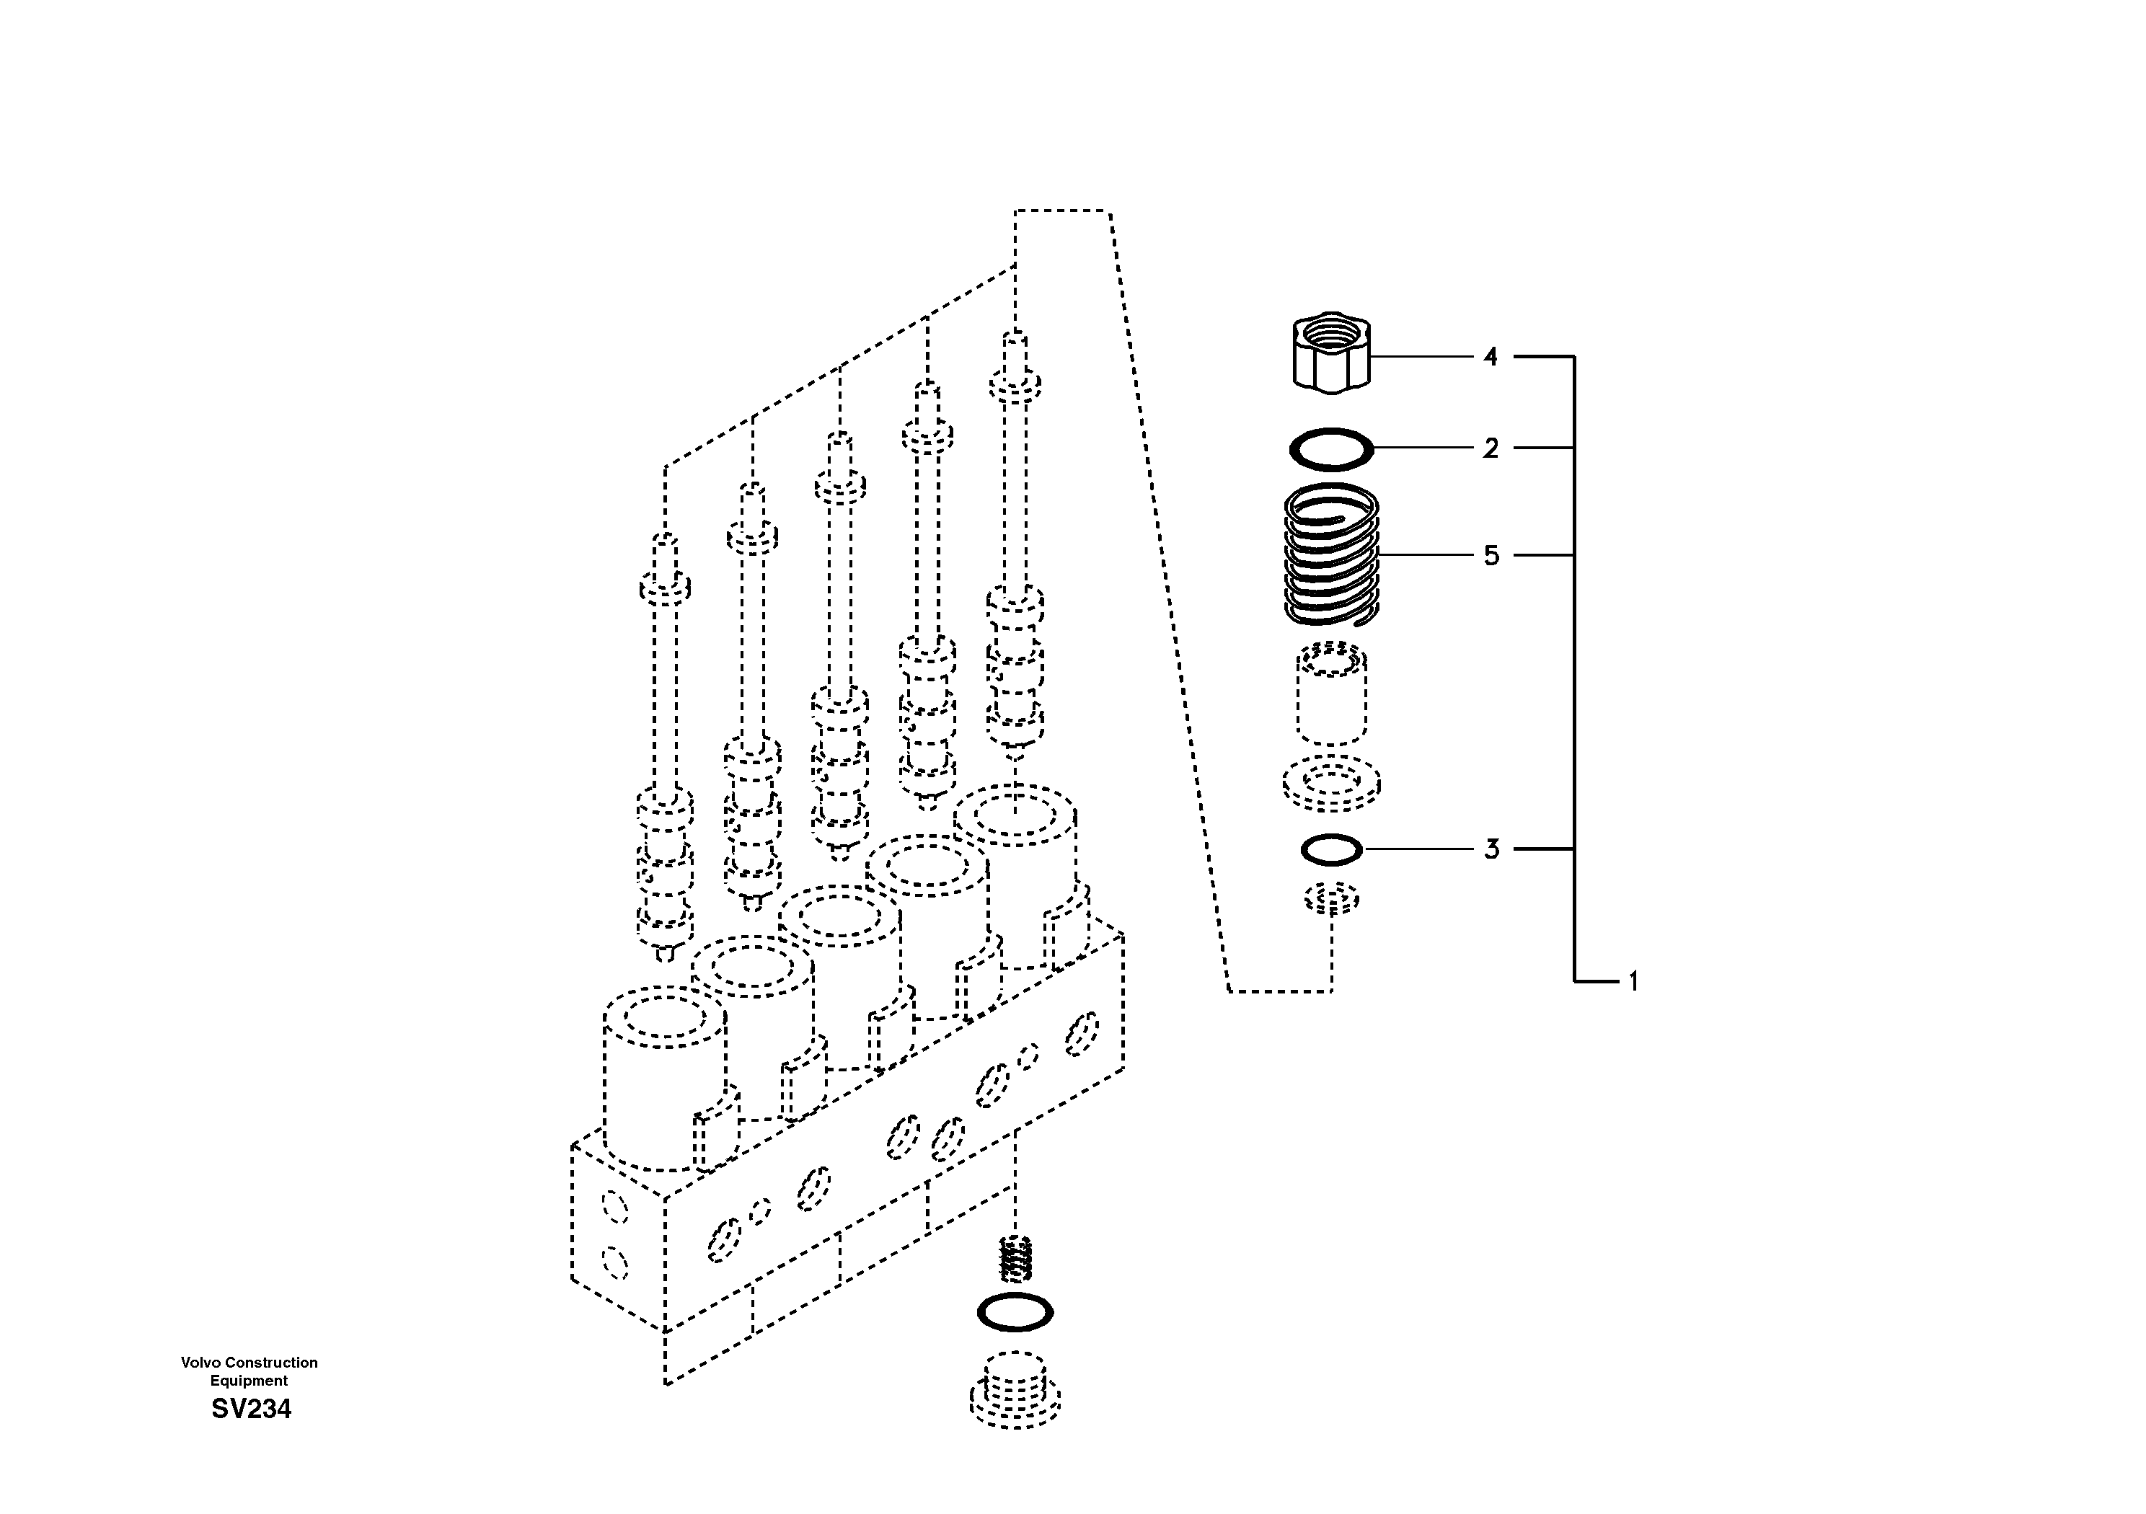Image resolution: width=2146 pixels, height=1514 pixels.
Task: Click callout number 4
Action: point(1490,357)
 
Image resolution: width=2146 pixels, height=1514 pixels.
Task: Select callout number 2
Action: point(1490,448)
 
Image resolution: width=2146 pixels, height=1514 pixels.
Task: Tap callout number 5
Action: point(1491,556)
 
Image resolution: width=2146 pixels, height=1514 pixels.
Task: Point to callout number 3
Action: point(1491,849)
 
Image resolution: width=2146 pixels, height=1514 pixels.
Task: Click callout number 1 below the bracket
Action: point(1633,981)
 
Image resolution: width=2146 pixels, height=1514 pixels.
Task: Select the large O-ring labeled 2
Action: point(1332,448)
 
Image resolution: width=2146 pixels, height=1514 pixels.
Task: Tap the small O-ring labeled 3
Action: point(1332,849)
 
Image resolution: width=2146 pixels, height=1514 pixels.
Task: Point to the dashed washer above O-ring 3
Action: point(1332,783)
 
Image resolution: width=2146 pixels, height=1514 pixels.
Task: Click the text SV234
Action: point(250,1409)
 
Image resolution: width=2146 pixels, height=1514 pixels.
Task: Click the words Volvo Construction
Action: point(249,1363)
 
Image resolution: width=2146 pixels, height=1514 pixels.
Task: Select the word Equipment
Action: point(249,1381)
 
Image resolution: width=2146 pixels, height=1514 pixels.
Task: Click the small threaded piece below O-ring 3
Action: point(1332,900)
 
